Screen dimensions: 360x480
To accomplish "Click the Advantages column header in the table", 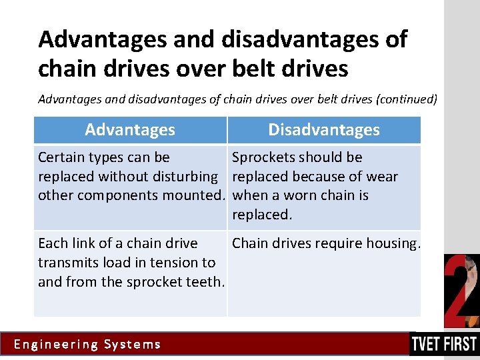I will (x=130, y=130).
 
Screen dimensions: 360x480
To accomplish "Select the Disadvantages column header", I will (x=324, y=130).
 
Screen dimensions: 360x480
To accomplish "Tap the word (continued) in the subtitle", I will (x=407, y=99).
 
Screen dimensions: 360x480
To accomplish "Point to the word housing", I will (x=396, y=243).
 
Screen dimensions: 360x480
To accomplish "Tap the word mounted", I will (x=198, y=195).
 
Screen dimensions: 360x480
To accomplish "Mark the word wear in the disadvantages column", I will (x=383, y=177).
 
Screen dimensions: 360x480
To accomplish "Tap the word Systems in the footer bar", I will (x=133, y=345).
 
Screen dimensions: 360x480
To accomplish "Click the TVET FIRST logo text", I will (x=444, y=344).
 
